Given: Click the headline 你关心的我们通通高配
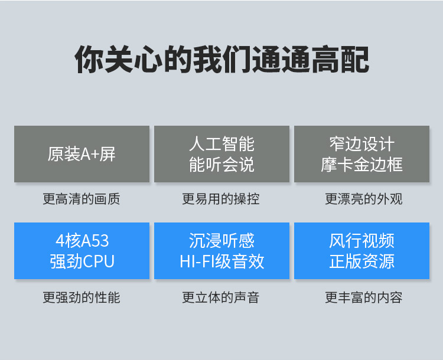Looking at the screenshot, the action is tap(221, 60).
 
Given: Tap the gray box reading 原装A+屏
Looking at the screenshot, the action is tap(82, 154).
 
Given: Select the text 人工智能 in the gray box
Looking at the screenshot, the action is tap(221, 144).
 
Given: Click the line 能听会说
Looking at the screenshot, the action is tap(221, 164).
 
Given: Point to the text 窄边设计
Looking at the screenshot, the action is tap(361, 144).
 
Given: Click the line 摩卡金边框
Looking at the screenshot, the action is tap(361, 164).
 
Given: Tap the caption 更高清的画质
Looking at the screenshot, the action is tap(82, 199).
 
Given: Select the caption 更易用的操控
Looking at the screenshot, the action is tap(221, 199).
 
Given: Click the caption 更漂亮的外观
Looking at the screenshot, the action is tap(364, 199).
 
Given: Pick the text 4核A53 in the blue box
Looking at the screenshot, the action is tap(82, 241).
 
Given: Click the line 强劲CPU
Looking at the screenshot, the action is tap(82, 261).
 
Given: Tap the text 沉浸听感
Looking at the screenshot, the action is tap(221, 241).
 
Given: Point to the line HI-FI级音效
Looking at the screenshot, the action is tap(221, 261).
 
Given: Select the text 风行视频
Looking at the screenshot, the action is tap(361, 241).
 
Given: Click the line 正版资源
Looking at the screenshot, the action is tap(361, 261).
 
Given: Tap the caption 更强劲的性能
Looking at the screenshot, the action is tap(82, 297).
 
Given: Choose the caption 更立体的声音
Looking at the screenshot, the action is tap(221, 297).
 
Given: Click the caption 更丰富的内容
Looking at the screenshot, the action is tap(364, 297).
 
